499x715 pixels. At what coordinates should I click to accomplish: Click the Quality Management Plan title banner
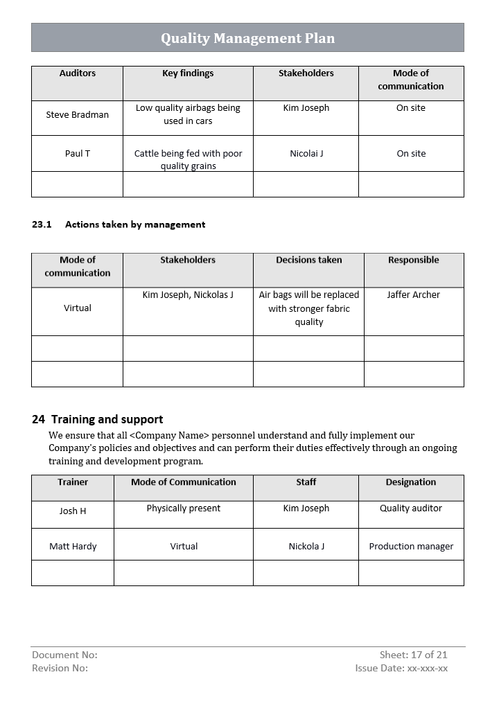(x=247, y=38)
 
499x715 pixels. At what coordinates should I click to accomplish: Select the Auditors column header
(x=78, y=73)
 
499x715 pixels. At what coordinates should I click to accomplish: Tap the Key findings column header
(x=188, y=73)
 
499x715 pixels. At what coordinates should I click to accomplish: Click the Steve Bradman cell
(x=78, y=115)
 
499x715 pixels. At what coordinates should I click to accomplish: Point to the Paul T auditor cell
(x=78, y=154)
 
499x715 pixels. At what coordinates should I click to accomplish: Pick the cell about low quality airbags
(x=188, y=114)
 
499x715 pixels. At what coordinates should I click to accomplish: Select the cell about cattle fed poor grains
(x=188, y=159)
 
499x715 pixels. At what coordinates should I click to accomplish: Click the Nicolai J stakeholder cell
(x=306, y=154)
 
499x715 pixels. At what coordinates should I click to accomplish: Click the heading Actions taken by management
(x=135, y=224)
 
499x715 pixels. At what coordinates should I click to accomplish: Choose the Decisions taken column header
(x=309, y=261)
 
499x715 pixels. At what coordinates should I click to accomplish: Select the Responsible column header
(x=414, y=261)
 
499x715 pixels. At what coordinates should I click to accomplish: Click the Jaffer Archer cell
(x=414, y=295)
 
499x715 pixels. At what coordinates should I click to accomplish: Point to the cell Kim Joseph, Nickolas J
(x=188, y=295)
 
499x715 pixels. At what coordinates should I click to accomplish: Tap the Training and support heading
(x=107, y=419)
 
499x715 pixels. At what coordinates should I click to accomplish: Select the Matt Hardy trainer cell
(x=73, y=547)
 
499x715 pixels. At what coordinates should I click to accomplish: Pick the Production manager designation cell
(x=411, y=547)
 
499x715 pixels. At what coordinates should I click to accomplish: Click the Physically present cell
(x=184, y=509)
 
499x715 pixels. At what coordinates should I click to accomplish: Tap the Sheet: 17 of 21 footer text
(x=413, y=655)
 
